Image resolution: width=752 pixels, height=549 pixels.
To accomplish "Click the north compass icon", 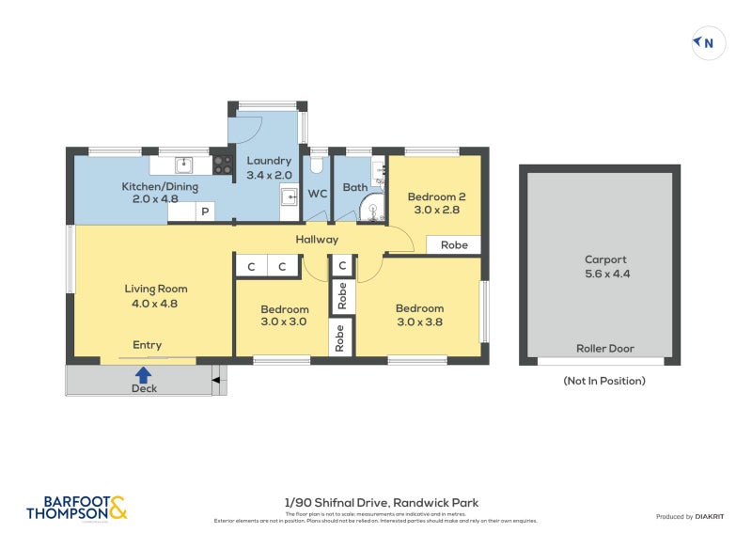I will (x=708, y=42).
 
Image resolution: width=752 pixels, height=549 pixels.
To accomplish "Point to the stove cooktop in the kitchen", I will (x=223, y=165).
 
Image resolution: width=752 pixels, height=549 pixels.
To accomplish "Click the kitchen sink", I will (x=184, y=165).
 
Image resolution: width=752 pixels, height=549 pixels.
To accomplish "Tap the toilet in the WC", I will (x=317, y=166).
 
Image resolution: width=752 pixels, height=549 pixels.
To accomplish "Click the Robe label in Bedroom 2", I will (x=454, y=244).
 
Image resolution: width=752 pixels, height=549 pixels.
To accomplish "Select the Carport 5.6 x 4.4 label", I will (x=604, y=267).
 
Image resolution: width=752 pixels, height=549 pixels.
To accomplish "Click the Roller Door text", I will (x=604, y=348).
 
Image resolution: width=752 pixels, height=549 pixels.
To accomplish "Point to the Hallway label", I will (x=317, y=240).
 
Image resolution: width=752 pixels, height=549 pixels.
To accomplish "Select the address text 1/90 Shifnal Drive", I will (x=381, y=503).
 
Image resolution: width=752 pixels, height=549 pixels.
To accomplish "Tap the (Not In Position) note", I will (x=604, y=381).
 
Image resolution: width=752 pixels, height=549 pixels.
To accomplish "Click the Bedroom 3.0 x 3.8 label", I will (x=419, y=315).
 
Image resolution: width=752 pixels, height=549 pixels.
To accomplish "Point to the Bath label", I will (x=354, y=187).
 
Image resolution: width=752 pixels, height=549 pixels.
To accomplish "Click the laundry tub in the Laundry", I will (x=290, y=196).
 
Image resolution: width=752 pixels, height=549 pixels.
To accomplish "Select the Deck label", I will (x=144, y=387).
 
